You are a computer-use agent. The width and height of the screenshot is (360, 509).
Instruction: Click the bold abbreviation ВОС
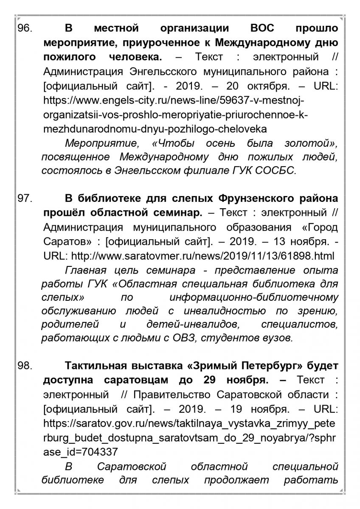[x=262, y=29]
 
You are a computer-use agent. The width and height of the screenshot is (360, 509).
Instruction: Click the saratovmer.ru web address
[x=203, y=256]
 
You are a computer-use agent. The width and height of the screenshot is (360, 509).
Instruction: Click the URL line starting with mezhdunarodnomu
[x=155, y=129]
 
